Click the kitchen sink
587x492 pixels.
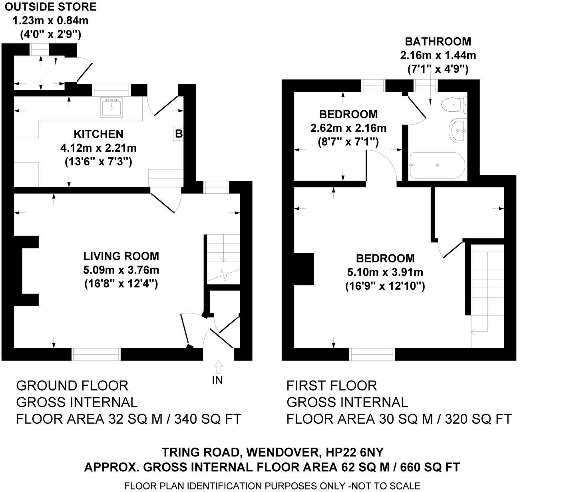[x=111, y=107]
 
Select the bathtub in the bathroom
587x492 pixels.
[x=437, y=165]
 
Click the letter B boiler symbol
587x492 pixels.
[x=179, y=134]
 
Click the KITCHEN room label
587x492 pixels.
[x=98, y=134]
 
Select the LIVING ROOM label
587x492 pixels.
[x=121, y=256]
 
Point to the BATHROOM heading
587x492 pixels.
[x=438, y=41]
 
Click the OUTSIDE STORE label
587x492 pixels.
[x=51, y=7]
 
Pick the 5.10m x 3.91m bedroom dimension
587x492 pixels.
[x=385, y=272]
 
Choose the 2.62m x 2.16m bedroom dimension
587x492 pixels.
[x=348, y=128]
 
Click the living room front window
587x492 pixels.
[x=96, y=354]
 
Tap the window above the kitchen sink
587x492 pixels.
[x=111, y=90]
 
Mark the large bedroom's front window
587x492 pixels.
[x=372, y=354]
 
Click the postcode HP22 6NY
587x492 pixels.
[x=354, y=452]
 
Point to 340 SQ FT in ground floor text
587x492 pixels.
[x=208, y=419]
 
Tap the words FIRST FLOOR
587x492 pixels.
[x=331, y=385]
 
